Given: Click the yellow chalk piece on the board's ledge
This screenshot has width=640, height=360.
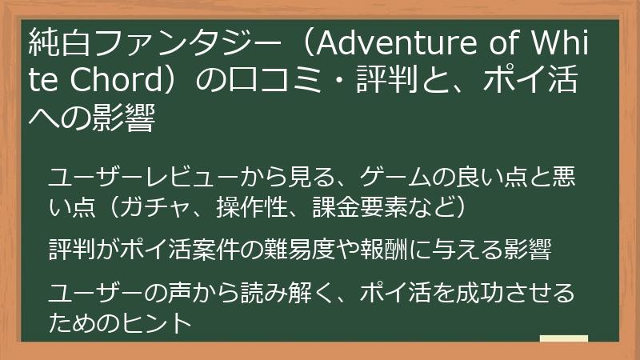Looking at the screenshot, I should [563, 338].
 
